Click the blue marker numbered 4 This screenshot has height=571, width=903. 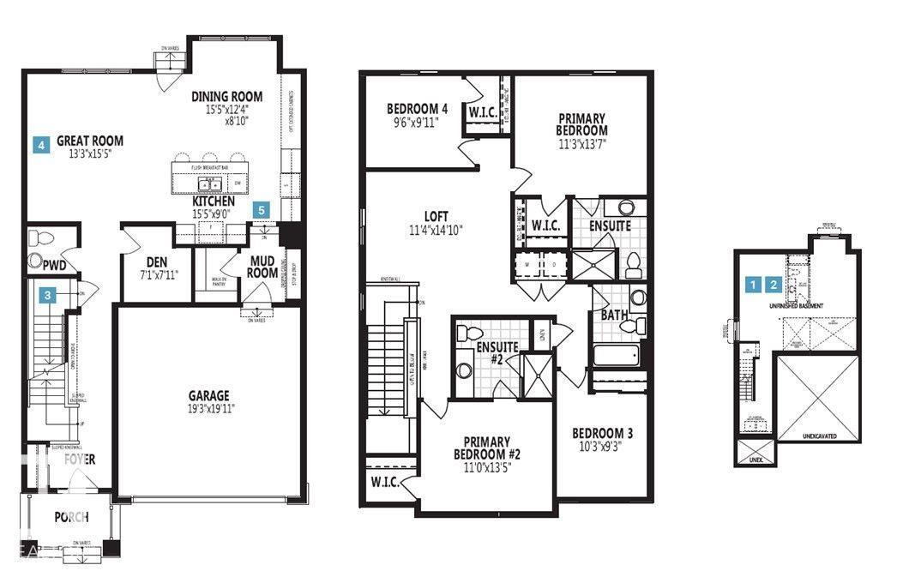coord(40,146)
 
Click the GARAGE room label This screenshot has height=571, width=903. coord(209,395)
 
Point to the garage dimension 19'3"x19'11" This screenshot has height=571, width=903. coord(209,408)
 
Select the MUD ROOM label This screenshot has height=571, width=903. coord(262,267)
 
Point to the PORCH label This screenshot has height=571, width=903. coord(72,517)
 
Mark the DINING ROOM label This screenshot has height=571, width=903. coord(226,97)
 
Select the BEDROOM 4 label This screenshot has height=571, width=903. coord(418,109)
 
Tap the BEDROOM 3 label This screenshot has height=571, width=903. coord(603,433)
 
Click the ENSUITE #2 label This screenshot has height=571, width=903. coord(498,352)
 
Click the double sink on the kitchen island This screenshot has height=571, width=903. coord(208,184)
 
